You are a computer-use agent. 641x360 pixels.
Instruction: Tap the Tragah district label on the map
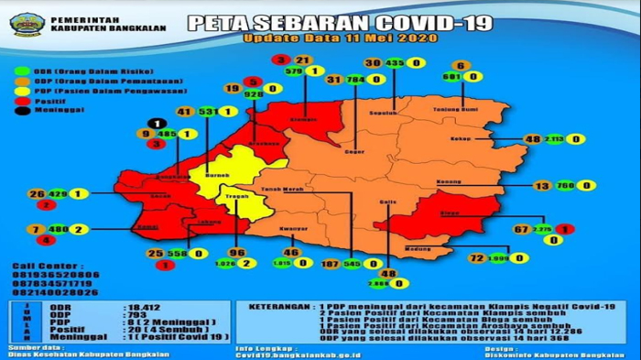click(x=236, y=194)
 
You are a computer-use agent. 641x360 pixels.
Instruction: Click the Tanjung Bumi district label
click(x=462, y=107)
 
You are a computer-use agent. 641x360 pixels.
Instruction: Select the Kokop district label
click(x=459, y=140)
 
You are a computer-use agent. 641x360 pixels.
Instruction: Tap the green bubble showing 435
click(x=395, y=63)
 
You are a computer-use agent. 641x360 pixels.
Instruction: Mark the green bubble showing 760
click(x=564, y=185)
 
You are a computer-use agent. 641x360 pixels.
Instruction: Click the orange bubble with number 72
click(x=476, y=259)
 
